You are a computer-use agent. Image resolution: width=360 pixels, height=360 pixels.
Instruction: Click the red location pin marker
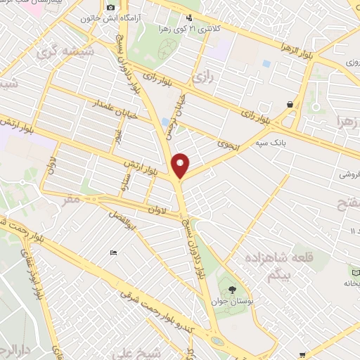click(x=181, y=165)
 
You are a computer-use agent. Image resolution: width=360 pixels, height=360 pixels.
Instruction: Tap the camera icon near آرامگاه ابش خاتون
click(x=110, y=8)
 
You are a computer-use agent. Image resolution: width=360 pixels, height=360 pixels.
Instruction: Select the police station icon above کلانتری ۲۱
click(x=188, y=18)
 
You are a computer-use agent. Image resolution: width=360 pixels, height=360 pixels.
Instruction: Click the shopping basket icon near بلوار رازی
click(x=290, y=104)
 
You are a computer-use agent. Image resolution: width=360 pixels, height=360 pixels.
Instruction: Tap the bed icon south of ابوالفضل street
click(x=113, y=252)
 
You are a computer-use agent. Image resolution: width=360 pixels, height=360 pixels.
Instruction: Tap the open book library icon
click(x=354, y=270)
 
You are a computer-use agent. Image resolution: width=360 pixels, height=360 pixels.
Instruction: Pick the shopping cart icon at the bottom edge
click(x=302, y=354)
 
